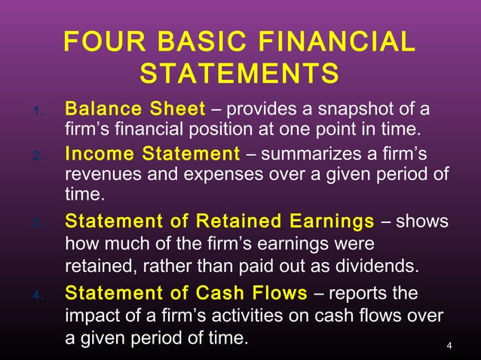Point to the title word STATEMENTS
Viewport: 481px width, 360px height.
[240, 75]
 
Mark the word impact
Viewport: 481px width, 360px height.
[89, 316]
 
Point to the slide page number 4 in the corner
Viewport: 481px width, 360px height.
[449, 346]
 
